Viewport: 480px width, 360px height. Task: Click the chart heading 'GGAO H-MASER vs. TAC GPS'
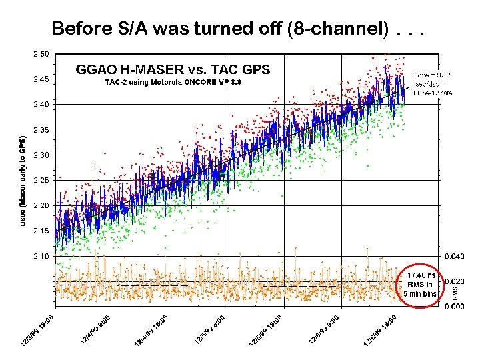click(173, 69)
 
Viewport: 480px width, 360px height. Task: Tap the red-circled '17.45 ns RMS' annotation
click(419, 284)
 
